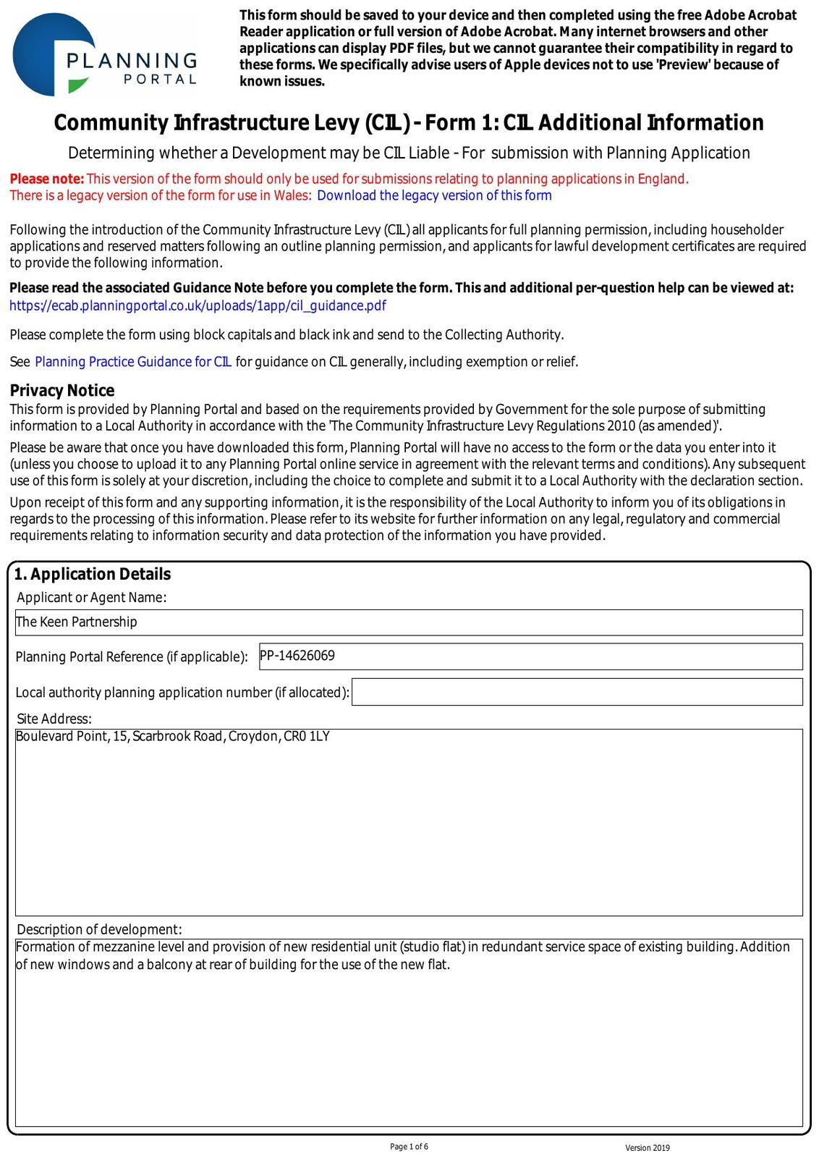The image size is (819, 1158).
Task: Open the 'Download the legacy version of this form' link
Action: (434, 195)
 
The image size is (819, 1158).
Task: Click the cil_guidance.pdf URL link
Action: (198, 305)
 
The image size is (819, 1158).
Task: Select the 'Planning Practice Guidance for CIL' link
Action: (133, 362)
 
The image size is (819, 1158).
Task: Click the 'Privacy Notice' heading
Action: (62, 391)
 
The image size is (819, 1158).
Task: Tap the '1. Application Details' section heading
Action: (93, 575)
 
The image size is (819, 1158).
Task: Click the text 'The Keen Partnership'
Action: (77, 622)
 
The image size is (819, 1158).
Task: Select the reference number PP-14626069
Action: (297, 656)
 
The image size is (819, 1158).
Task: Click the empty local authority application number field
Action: (577, 692)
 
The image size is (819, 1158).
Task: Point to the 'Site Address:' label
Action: (54, 719)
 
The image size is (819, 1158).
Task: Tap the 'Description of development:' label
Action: (99, 929)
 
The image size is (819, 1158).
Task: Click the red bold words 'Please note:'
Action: (47, 179)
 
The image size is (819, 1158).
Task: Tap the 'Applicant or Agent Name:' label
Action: (91, 598)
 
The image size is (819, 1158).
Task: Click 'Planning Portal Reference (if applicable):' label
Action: (132, 657)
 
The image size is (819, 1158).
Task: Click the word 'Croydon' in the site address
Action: (253, 737)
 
